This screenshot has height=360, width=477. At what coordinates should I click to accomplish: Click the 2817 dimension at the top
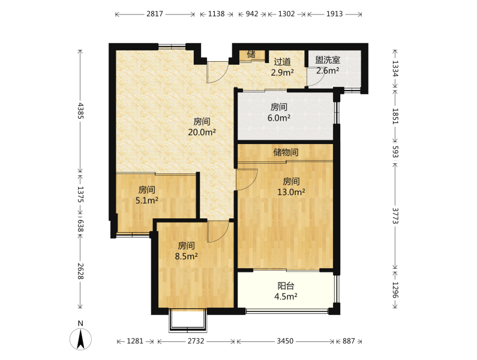155,14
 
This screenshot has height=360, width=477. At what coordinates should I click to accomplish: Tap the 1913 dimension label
334,14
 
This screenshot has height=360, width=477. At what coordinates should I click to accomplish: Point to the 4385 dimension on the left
80,111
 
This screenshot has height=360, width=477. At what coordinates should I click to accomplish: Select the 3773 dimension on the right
395,216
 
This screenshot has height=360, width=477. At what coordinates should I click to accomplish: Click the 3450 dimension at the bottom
285,341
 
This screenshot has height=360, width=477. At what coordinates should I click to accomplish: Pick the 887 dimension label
349,341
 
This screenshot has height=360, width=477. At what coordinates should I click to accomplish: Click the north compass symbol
80,336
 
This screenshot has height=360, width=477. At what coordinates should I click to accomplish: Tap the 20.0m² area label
202,132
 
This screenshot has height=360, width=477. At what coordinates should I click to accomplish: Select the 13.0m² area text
291,192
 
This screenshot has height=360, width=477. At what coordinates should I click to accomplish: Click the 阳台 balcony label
286,286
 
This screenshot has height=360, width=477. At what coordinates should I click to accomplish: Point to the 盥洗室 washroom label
328,60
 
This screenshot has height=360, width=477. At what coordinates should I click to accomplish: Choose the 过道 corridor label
283,62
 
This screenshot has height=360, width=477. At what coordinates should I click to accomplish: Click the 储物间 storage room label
286,152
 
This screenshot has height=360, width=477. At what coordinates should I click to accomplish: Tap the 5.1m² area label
146,200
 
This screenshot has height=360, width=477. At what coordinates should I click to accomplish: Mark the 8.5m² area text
186,256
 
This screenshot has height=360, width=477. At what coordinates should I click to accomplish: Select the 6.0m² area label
278,118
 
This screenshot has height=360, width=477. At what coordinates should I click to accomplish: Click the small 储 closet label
251,55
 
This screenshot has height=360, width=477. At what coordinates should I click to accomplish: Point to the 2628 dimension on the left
80,271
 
